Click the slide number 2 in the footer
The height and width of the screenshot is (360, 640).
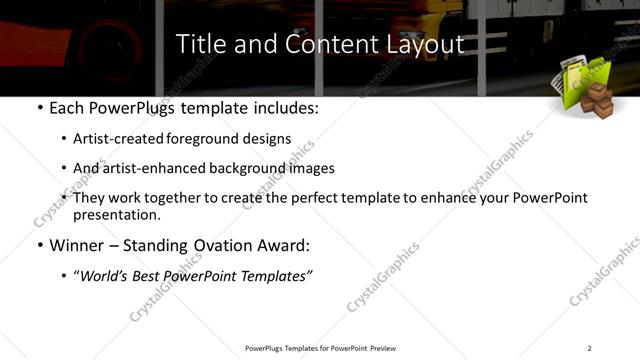pyautogui.click(x=590, y=348)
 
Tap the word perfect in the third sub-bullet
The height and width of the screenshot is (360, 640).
pyautogui.click(x=327, y=198)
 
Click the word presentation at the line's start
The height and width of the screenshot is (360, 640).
pyautogui.click(x=115, y=214)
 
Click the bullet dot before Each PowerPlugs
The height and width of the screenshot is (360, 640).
pyautogui.click(x=38, y=108)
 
